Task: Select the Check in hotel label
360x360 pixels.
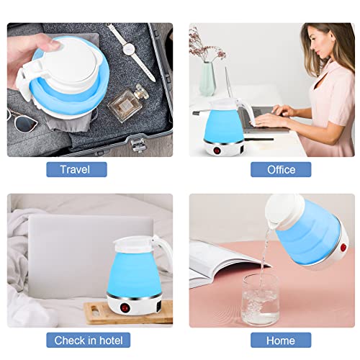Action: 88,339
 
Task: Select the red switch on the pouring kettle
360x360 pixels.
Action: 343,249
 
